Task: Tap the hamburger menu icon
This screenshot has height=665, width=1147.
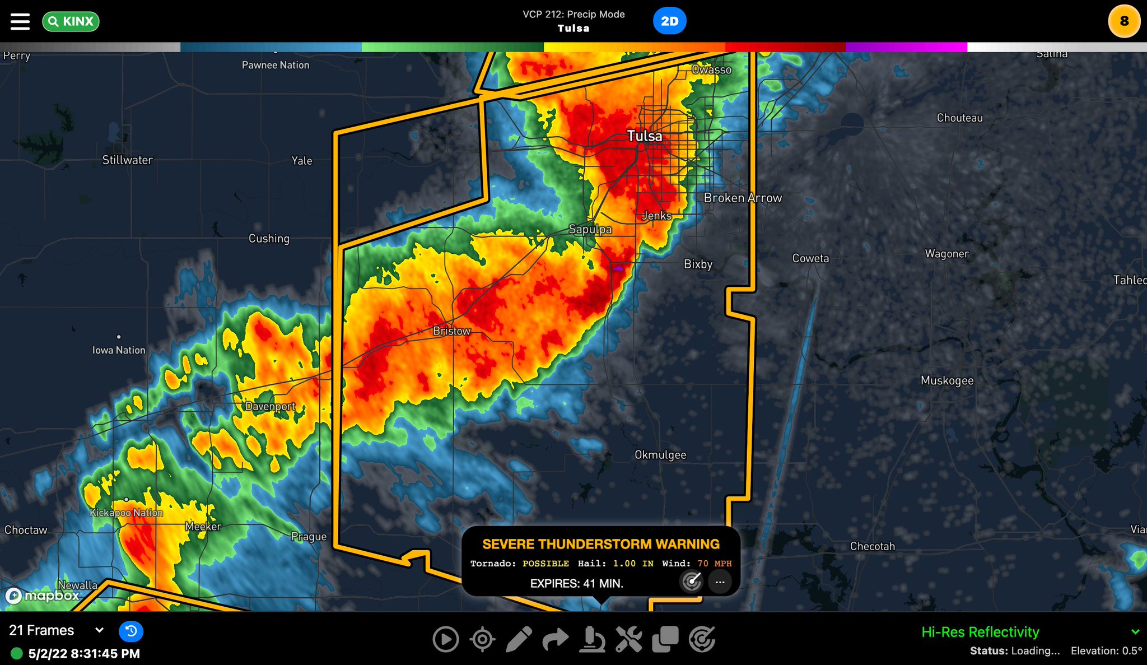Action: click(x=20, y=21)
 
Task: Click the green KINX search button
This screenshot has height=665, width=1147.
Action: click(x=71, y=21)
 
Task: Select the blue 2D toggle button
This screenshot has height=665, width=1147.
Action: click(x=669, y=21)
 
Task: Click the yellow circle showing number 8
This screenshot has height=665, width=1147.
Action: click(x=1123, y=21)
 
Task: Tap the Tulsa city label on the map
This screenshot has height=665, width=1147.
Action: click(x=644, y=136)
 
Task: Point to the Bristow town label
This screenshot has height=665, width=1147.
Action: click(x=451, y=331)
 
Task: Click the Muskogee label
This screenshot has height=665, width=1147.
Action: click(x=947, y=381)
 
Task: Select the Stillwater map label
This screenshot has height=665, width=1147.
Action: click(x=127, y=160)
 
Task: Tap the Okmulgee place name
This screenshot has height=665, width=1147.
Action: click(x=660, y=455)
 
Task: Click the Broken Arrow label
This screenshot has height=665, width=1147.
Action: click(x=743, y=198)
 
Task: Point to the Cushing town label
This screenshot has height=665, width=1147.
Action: click(x=269, y=239)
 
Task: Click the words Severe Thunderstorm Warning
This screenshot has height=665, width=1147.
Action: click(x=601, y=544)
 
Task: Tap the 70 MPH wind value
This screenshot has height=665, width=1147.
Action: click(x=715, y=564)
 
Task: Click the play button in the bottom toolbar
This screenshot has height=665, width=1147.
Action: click(x=446, y=639)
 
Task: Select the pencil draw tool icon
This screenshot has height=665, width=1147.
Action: click(x=519, y=639)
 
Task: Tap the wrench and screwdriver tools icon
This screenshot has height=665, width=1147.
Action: click(x=628, y=639)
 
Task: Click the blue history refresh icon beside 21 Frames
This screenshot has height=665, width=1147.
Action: click(x=131, y=631)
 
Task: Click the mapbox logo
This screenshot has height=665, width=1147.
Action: click(x=43, y=596)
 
